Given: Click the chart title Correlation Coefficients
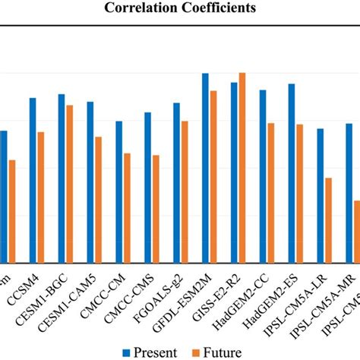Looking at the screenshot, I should tap(180, 8).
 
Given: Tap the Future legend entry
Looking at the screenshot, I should tap(215, 352).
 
